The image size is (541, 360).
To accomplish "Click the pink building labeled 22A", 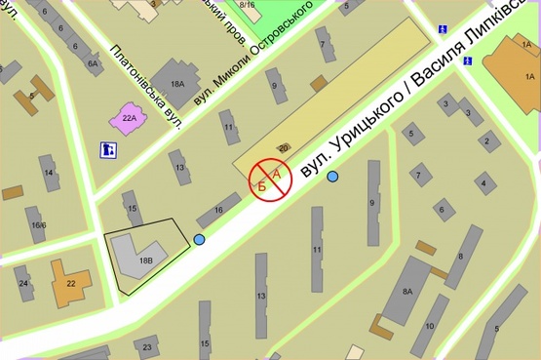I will (x=129, y=118).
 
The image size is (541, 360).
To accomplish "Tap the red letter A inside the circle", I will (x=275, y=173).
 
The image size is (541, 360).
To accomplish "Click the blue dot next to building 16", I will (x=200, y=240).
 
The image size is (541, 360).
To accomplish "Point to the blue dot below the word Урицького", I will (x=332, y=177).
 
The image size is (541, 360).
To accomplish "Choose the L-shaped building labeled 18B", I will (x=142, y=255).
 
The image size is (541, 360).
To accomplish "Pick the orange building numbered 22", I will (x=70, y=282).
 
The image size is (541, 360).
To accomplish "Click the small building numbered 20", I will (x=284, y=147).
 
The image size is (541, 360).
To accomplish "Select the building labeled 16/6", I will (x=37, y=223).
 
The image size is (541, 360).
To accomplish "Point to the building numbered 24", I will (x=23, y=284).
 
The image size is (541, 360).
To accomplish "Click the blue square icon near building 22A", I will (x=108, y=150).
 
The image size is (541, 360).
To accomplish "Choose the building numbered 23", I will (x=146, y=344).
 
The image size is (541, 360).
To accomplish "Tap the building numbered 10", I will (x=430, y=324).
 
